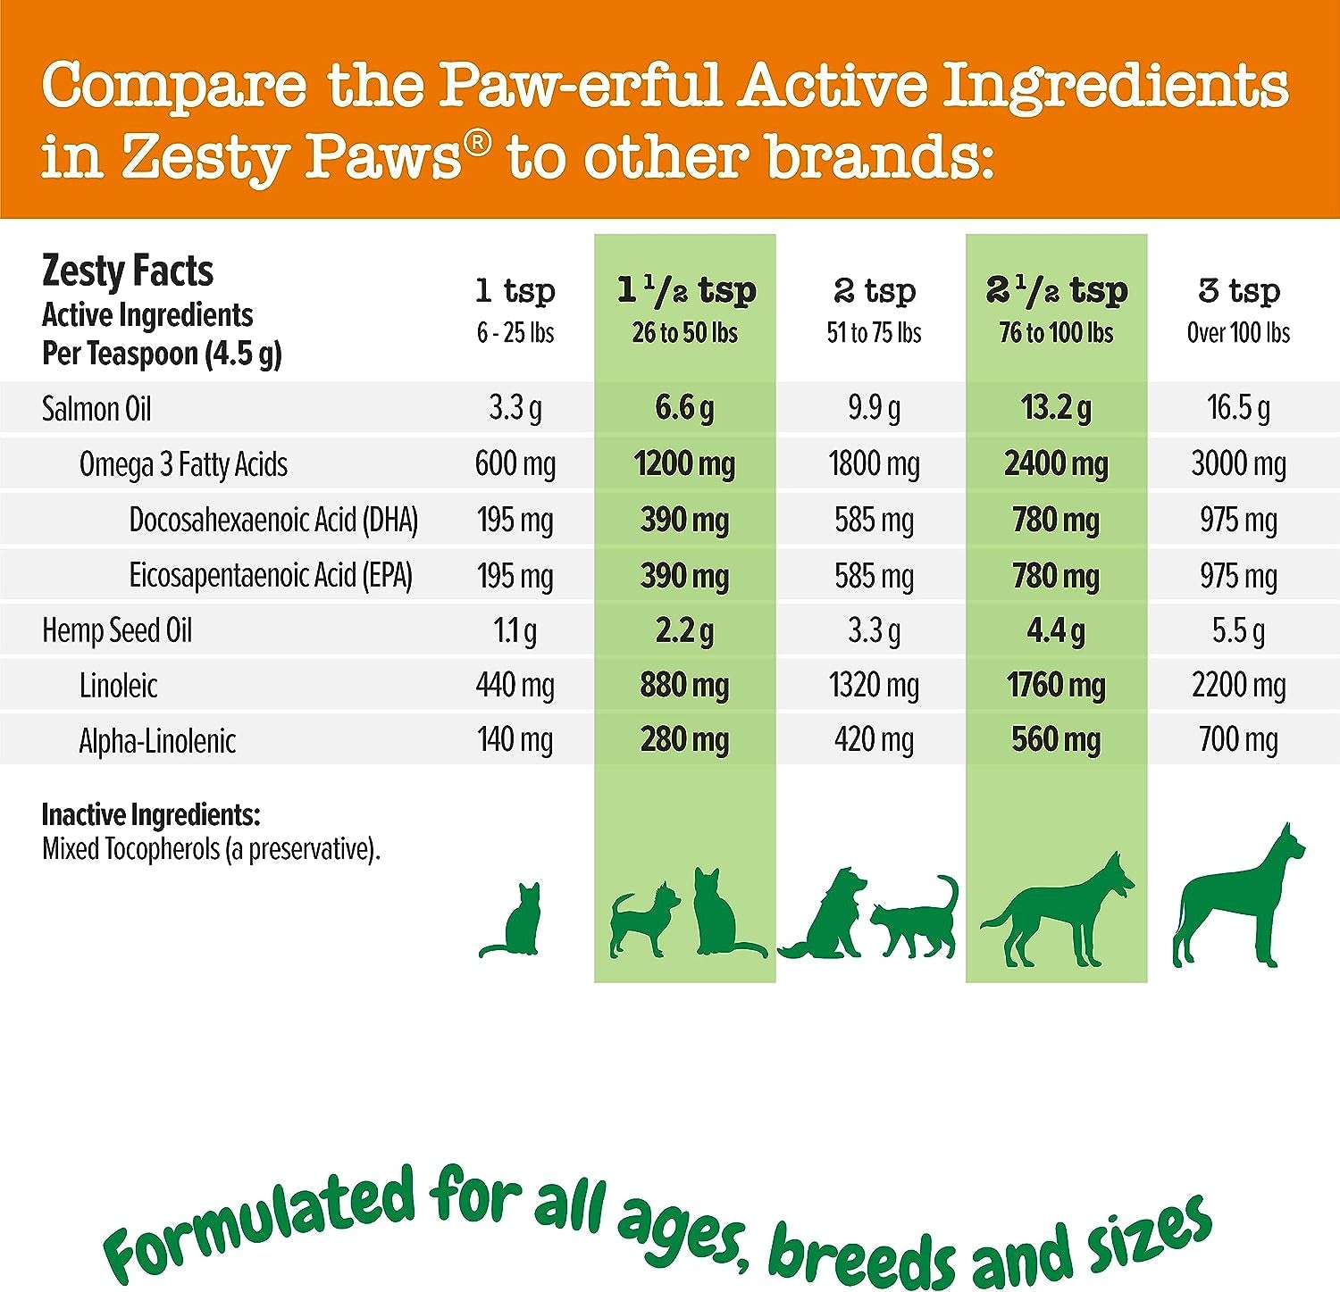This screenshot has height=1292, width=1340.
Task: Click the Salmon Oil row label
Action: pos(96,409)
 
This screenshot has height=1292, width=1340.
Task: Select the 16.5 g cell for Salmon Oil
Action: pos(1238,408)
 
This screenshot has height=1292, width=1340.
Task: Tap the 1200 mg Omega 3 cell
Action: pos(684,464)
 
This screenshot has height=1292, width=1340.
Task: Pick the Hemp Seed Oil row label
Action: pos(117,630)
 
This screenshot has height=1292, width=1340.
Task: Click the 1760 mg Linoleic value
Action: pos(1056,686)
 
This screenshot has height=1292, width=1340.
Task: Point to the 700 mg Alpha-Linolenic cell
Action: pos(1238,740)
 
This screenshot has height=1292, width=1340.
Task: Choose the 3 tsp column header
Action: pos(1238,291)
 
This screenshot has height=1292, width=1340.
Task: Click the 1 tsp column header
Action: pos(515,291)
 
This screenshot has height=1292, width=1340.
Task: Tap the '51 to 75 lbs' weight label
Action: pos(874,333)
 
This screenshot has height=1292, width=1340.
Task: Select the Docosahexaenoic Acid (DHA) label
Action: pos(273,520)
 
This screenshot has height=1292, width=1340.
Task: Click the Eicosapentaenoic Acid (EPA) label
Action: pos(271,576)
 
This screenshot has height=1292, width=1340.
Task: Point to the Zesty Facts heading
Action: pos(128,271)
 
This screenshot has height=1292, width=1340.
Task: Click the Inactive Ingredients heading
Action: pos(151,814)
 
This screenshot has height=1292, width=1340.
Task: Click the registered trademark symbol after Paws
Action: pos(478,142)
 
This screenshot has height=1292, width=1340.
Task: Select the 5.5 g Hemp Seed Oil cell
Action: pos(1238,631)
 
